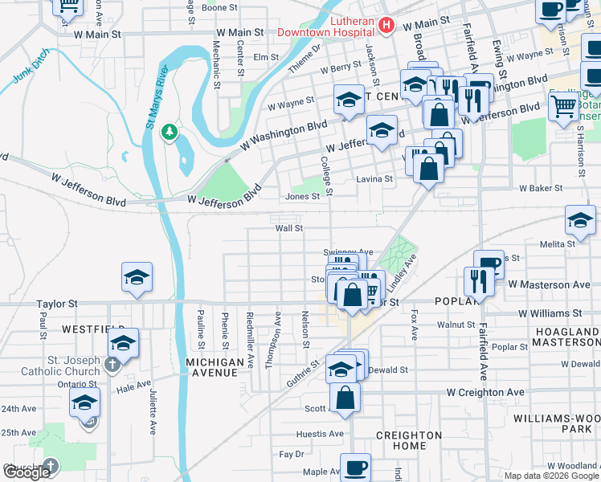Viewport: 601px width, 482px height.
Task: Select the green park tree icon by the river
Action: [169, 131]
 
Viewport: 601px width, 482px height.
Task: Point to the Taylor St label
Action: [56, 304]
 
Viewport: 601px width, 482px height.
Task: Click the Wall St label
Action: [288, 228]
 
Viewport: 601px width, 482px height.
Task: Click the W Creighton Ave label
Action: [485, 393]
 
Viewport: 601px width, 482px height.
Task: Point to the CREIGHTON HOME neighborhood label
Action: [409, 440]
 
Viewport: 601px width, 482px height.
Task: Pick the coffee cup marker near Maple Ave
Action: [355, 467]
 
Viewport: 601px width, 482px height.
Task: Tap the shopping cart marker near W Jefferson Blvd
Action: [563, 105]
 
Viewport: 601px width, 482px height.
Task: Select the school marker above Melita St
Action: [580, 219]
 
